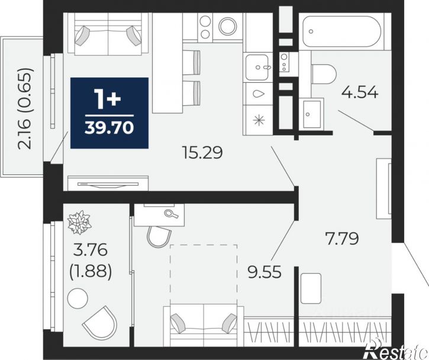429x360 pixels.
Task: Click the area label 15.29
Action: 202,153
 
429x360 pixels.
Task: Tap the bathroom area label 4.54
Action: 360,92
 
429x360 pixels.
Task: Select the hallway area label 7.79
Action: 342,238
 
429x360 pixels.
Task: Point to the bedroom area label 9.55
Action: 265,272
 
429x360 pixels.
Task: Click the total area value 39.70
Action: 109,127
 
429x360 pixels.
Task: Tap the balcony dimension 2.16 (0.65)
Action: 25,108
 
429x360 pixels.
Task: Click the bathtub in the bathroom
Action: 342,31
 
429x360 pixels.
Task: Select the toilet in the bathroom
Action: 324,74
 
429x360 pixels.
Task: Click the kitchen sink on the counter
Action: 257,67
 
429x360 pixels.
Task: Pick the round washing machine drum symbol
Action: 228,26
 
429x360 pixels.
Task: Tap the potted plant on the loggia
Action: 79,222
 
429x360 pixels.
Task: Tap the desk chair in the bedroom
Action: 159,236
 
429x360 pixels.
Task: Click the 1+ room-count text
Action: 108,98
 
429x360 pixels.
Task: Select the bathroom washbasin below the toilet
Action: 312,114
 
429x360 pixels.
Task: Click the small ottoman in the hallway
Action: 311,288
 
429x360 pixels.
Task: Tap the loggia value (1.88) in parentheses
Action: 91,271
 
